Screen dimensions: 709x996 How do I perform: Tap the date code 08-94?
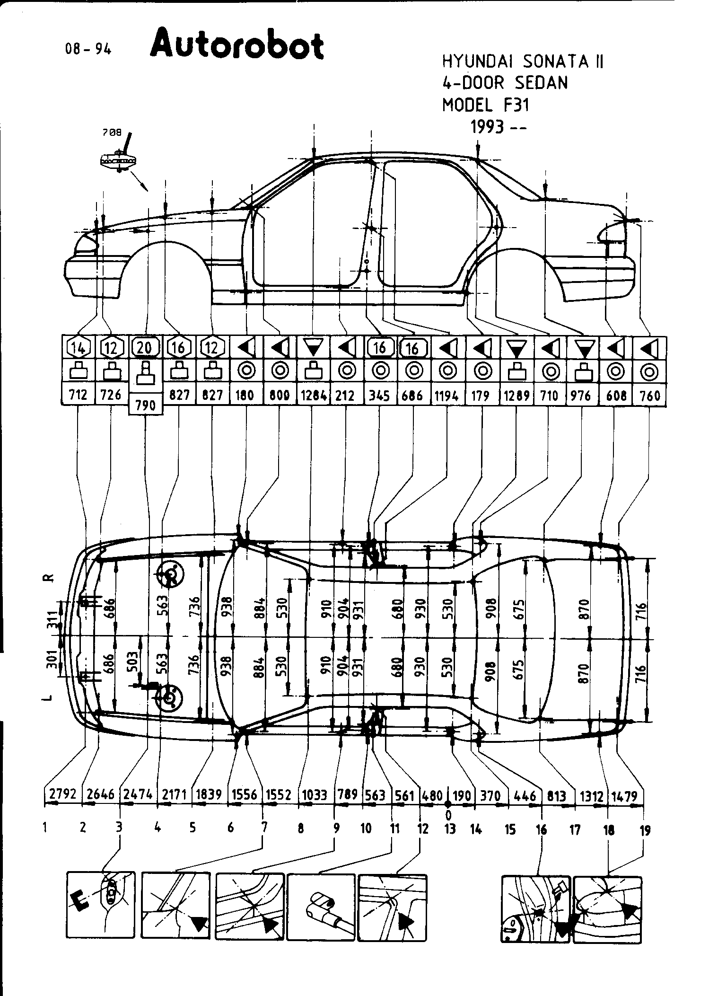pyautogui.click(x=89, y=49)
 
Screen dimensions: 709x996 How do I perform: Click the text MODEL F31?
pyautogui.click(x=486, y=105)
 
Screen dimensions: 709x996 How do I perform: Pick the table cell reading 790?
pyautogui.click(x=146, y=405)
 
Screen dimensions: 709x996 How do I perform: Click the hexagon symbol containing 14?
pyautogui.click(x=79, y=348)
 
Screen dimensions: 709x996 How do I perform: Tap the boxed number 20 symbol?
pyautogui.click(x=145, y=348)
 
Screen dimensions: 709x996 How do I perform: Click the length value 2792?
pyautogui.click(x=63, y=794)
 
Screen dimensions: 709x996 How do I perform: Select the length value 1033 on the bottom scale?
pyautogui.click(x=315, y=794)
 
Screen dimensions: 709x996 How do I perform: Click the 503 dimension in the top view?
pyautogui.click(x=133, y=661)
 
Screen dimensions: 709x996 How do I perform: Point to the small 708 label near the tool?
pyautogui.click(x=112, y=133)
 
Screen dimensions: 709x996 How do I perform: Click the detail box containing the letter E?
pyautogui.click(x=101, y=906)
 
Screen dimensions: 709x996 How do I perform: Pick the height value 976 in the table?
pyautogui.click(x=581, y=395)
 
